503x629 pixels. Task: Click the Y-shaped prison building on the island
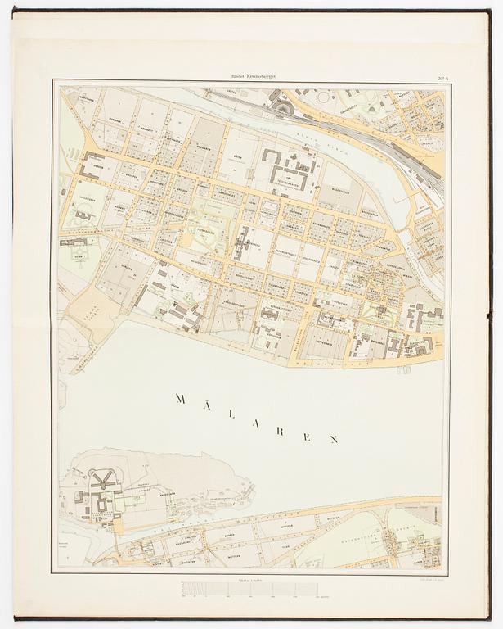tap(105, 483)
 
